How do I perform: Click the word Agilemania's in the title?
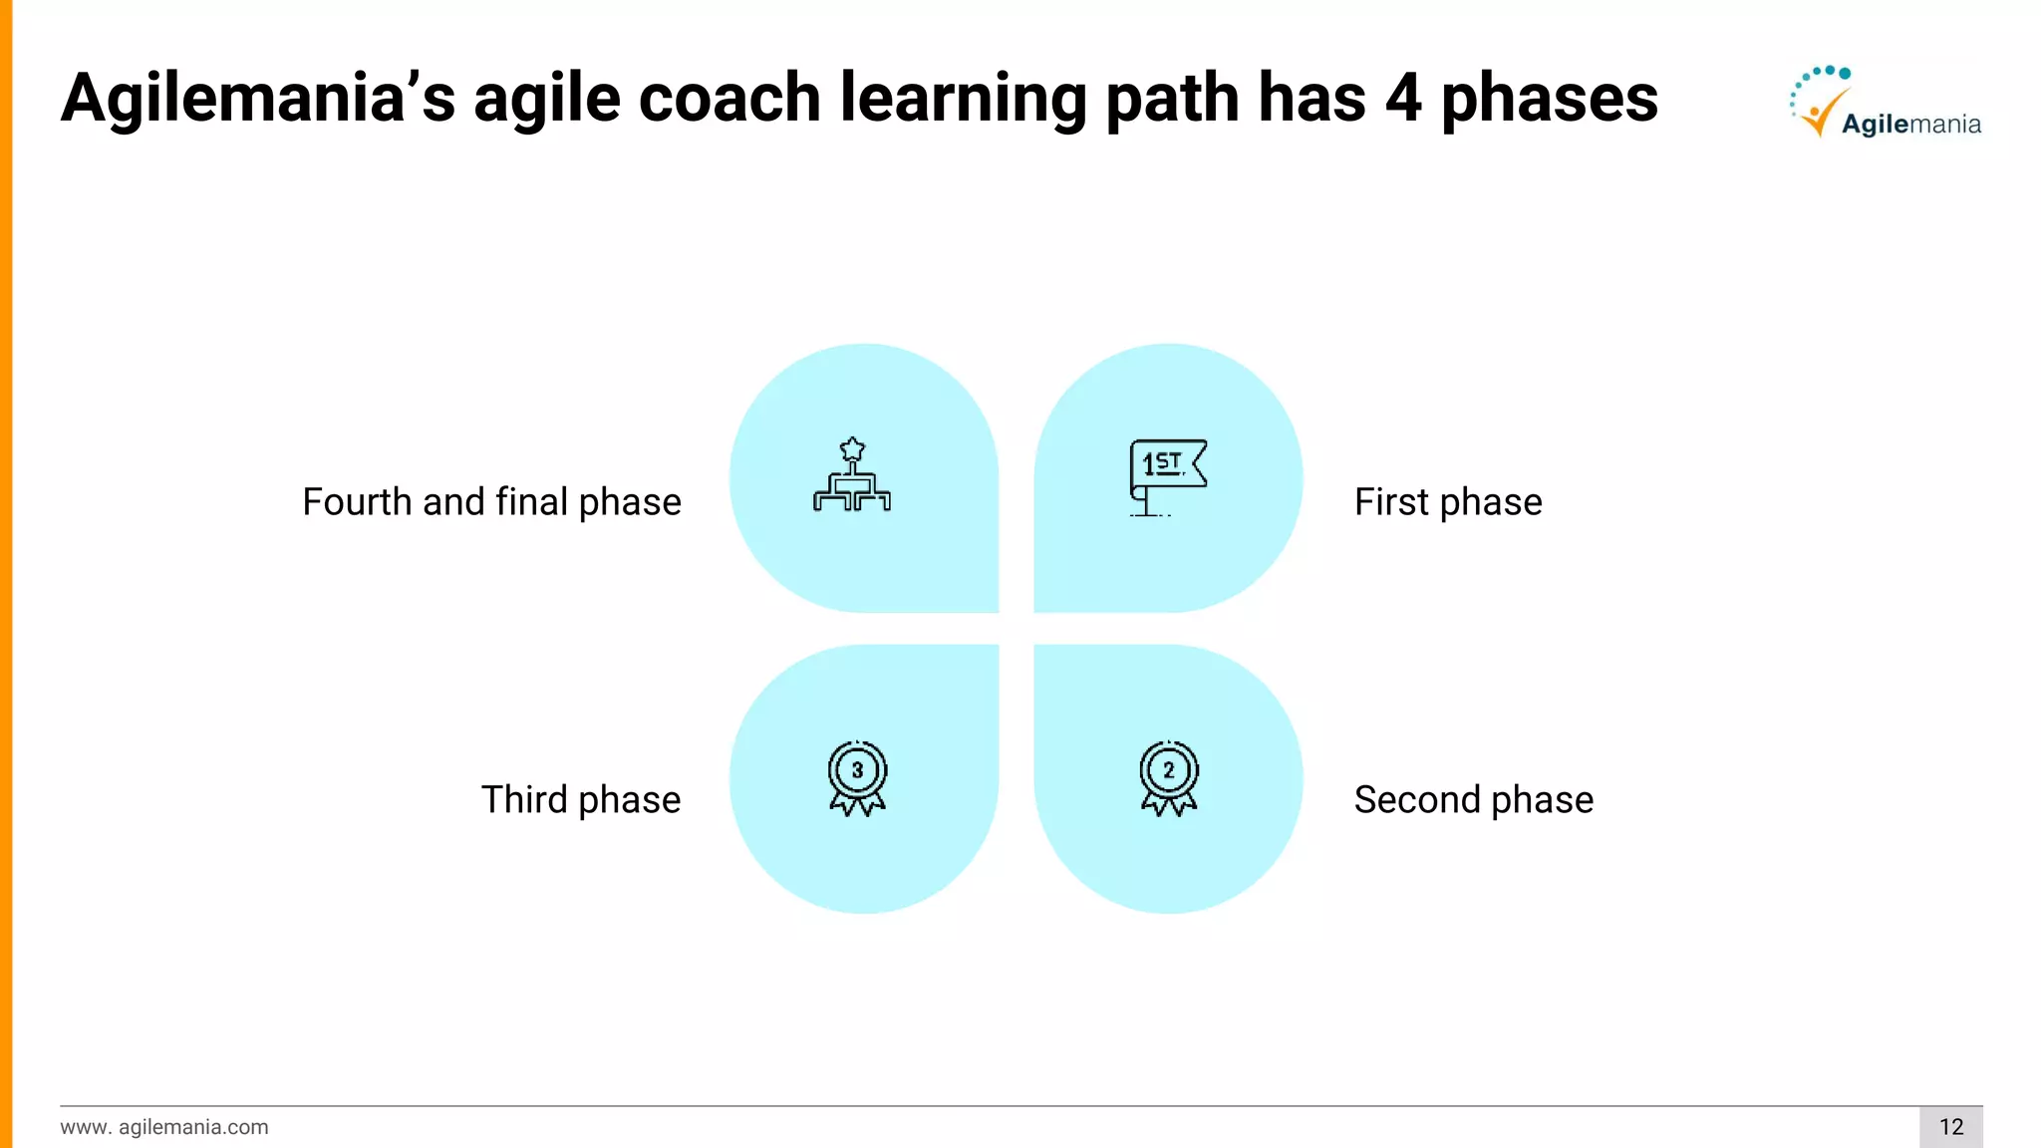[257, 98]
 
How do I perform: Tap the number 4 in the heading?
[1403, 98]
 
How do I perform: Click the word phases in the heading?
[1550, 100]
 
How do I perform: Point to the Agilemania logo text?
[1910, 124]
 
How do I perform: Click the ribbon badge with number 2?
[1169, 778]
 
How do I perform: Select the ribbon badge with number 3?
[857, 778]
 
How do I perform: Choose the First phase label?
[1447, 501]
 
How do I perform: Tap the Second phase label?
[1473, 799]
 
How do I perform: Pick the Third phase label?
[581, 799]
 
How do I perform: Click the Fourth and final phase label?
[491, 501]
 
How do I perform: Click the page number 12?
[1950, 1126]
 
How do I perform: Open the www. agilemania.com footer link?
[164, 1126]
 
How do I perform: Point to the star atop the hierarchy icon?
[852, 448]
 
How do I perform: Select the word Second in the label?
[1417, 799]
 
